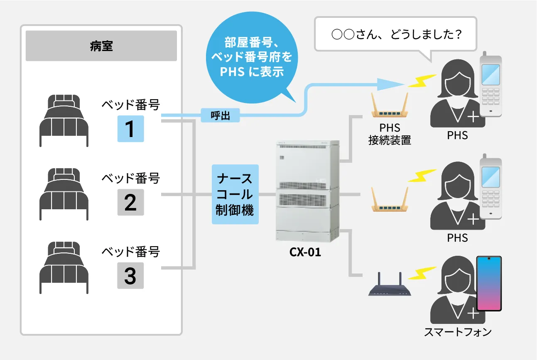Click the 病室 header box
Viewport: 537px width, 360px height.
pyautogui.click(x=101, y=46)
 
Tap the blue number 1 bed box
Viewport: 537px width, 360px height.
pyautogui.click(x=130, y=129)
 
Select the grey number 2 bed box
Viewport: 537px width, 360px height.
pyautogui.click(x=130, y=202)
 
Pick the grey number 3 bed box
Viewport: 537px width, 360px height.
pyautogui.click(x=130, y=276)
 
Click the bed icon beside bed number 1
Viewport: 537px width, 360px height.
pyautogui.click(x=64, y=120)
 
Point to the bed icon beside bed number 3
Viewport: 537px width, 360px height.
pyautogui.click(x=64, y=267)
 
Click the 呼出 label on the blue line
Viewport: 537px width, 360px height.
pyautogui.click(x=221, y=115)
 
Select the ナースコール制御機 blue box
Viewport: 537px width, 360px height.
pyautogui.click(x=235, y=194)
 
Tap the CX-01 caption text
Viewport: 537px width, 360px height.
pyautogui.click(x=305, y=252)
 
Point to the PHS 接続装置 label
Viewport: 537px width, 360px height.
pyautogui.click(x=389, y=134)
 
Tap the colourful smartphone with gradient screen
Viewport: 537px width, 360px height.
pyautogui.click(x=489, y=284)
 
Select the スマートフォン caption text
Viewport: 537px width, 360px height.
pyautogui.click(x=458, y=332)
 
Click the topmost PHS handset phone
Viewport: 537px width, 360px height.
pyautogui.click(x=491, y=85)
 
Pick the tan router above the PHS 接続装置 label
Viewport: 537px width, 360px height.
pyautogui.click(x=390, y=108)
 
